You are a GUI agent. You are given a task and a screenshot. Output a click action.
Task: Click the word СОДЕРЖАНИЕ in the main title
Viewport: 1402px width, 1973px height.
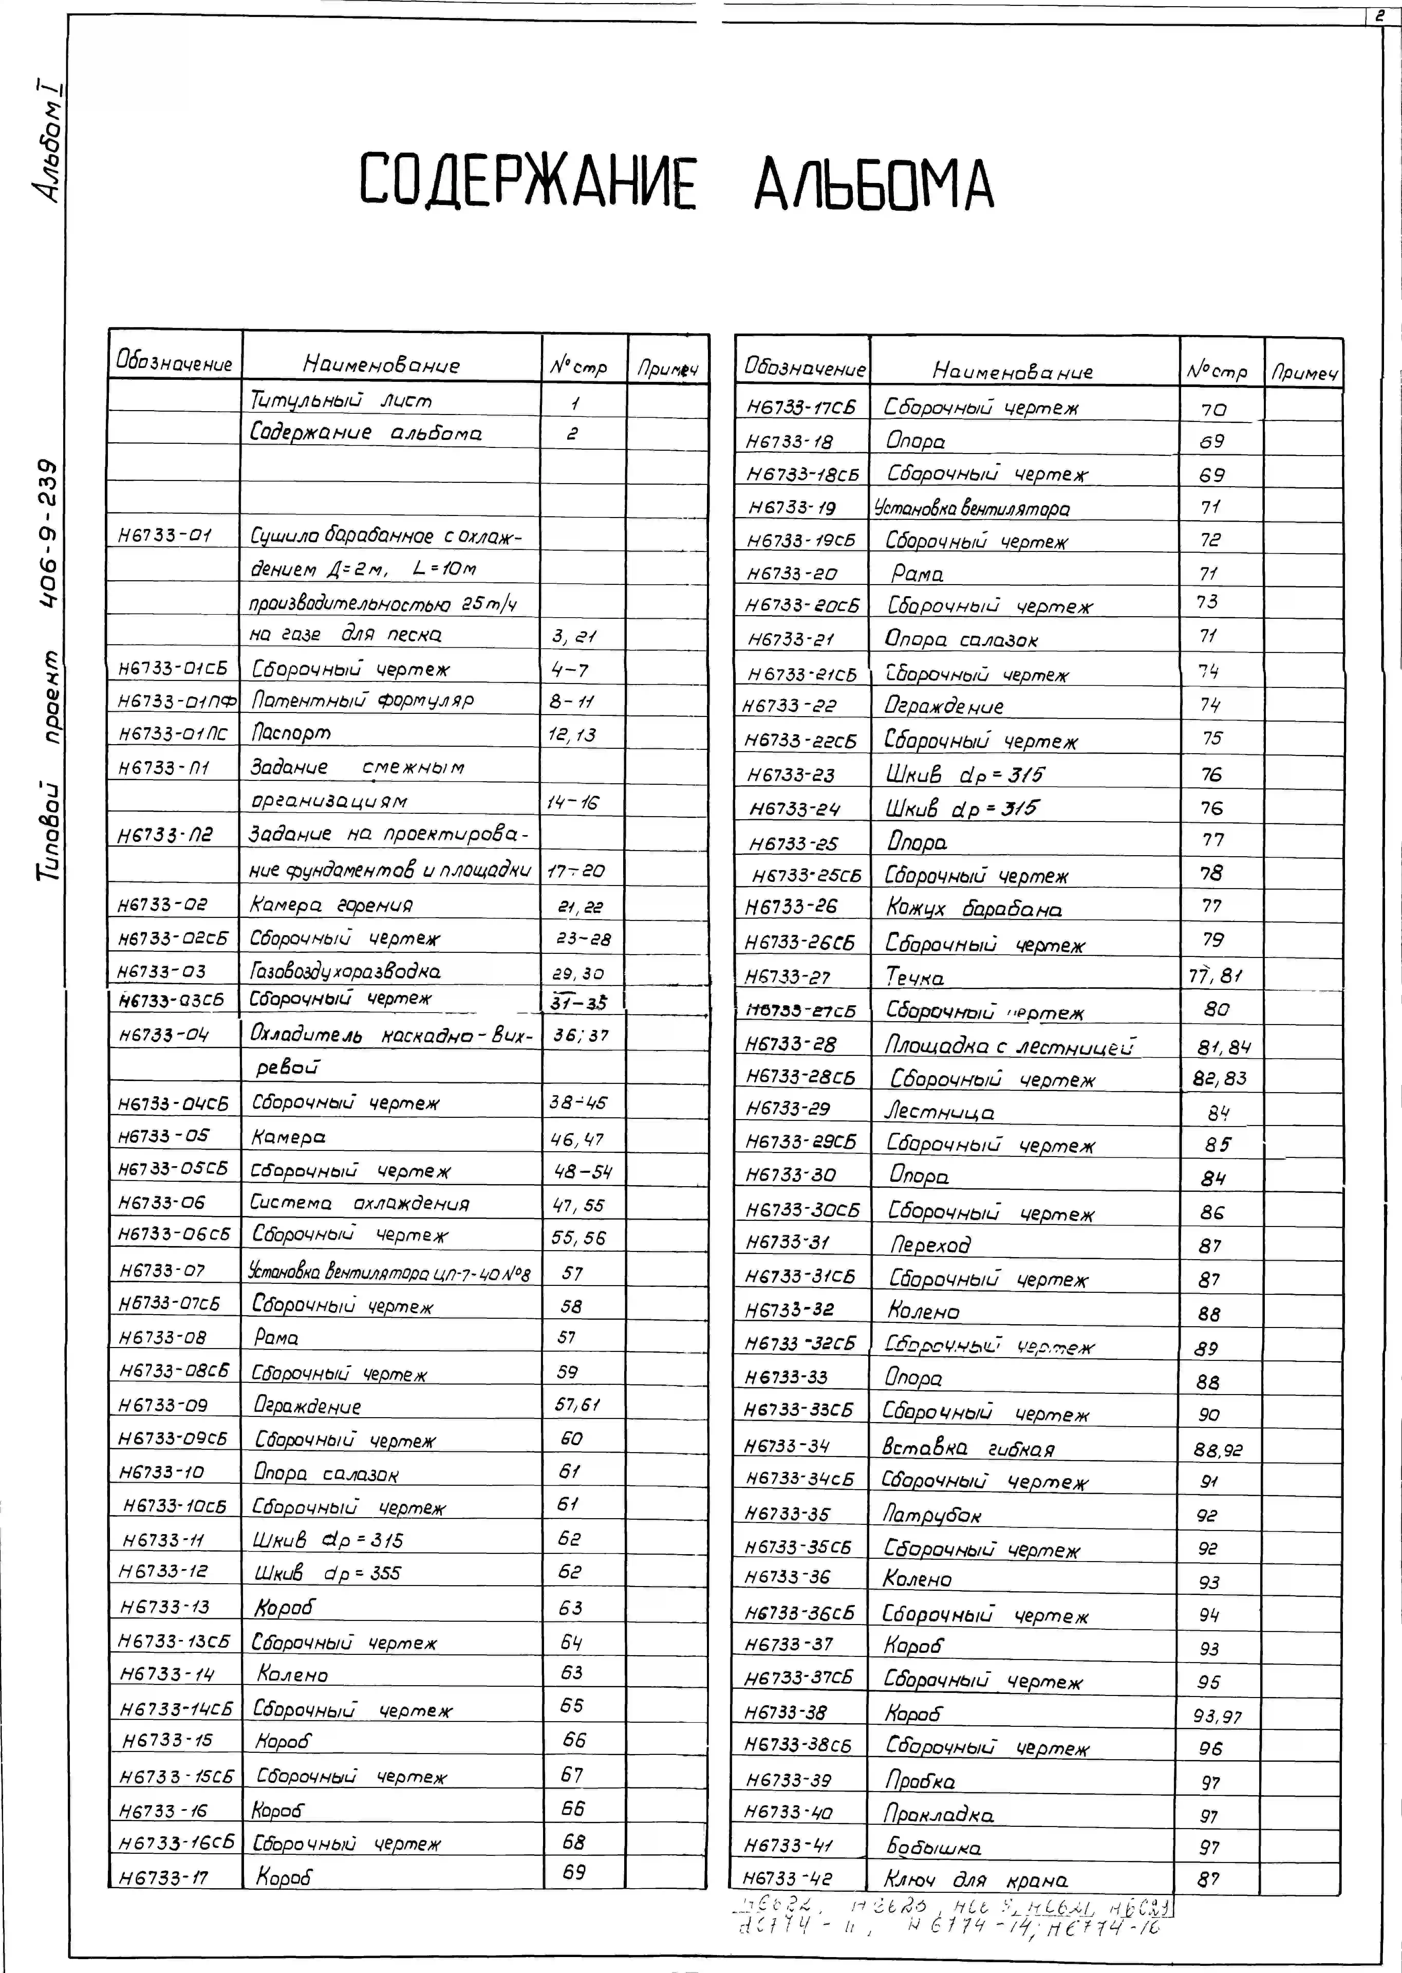(x=527, y=181)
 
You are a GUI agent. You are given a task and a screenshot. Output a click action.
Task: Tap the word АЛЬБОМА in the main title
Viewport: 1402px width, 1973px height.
(x=874, y=184)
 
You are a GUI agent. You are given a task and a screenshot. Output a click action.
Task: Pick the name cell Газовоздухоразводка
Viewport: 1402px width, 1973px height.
(x=345, y=971)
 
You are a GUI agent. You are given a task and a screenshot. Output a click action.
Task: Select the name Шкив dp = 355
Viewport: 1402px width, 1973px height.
(x=328, y=1572)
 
